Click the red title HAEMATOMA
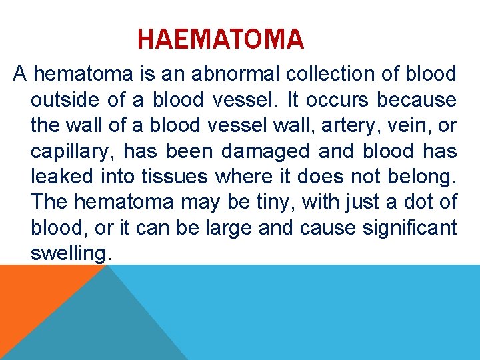(x=220, y=39)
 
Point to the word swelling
(x=68, y=254)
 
